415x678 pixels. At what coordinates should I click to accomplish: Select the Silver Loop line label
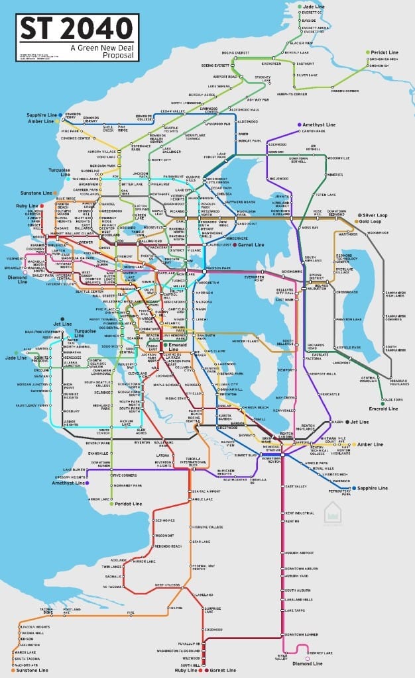click(375, 215)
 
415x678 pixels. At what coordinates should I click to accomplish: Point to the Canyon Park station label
click(314, 131)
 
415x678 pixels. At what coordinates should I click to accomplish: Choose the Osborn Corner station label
click(345, 91)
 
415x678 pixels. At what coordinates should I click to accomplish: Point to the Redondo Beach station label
click(168, 546)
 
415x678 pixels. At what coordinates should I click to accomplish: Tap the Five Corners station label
click(124, 475)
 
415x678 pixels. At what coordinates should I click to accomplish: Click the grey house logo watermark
click(332, 512)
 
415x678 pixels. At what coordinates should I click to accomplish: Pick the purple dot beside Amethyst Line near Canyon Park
click(300, 124)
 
